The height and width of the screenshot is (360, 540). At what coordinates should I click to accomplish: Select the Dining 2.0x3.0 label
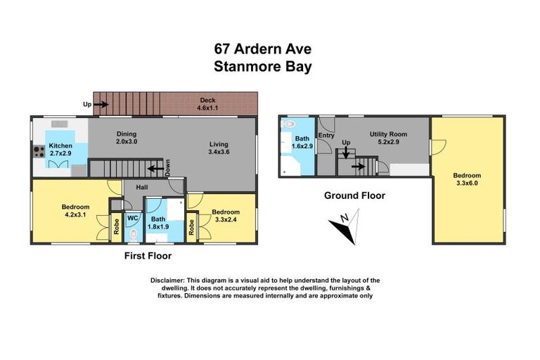(126, 138)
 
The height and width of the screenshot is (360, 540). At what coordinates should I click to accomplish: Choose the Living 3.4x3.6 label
(219, 148)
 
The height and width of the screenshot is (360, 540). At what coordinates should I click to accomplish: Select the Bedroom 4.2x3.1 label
(75, 211)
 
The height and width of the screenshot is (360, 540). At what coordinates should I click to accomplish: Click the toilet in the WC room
(133, 233)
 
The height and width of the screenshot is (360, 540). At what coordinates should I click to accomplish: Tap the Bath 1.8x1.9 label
(157, 222)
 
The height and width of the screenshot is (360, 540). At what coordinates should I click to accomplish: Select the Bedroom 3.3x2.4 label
(226, 216)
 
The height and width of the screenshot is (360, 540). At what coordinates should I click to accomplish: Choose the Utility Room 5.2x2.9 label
(388, 137)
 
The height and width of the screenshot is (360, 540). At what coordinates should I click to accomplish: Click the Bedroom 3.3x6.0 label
(467, 179)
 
